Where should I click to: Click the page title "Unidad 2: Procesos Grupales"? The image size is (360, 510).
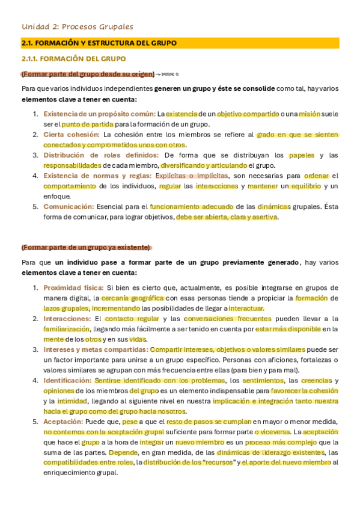[x=77, y=26]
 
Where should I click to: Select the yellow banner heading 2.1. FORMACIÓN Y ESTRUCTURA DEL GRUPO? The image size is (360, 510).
[x=99, y=43]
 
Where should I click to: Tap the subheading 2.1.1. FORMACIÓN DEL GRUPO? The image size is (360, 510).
[x=73, y=59]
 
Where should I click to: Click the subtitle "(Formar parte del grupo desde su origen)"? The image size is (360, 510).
[x=88, y=74]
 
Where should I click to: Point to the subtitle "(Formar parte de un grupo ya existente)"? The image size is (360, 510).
[x=85, y=247]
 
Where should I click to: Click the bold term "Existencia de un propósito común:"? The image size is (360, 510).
[x=99, y=114]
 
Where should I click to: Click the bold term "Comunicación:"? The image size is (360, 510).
[x=68, y=206]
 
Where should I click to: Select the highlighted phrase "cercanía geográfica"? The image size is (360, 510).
[x=132, y=298]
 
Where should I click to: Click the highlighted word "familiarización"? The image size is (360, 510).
[x=67, y=329]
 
